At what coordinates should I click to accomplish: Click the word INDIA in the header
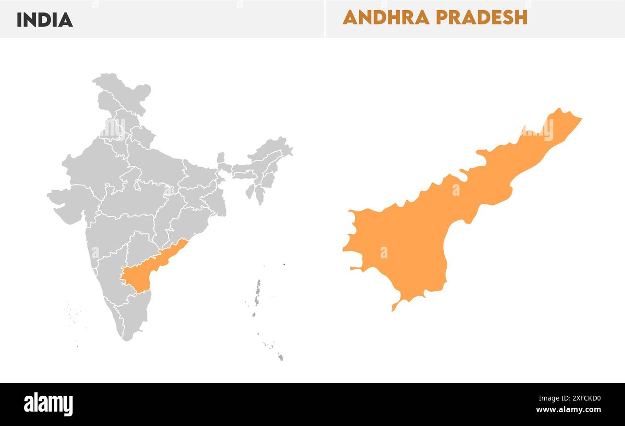point(45,20)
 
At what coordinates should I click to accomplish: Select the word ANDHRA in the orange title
point(386,17)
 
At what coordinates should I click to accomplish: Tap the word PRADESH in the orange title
point(481,17)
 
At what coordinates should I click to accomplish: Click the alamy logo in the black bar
point(48,404)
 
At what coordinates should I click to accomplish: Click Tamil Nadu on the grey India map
point(135,313)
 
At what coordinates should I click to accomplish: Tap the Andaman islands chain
point(257,293)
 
